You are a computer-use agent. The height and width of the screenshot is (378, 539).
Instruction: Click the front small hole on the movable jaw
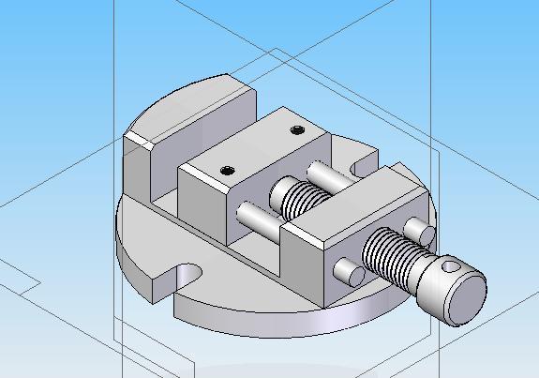(x=228, y=170)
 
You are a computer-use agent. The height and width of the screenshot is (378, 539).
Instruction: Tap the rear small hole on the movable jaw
(x=298, y=129)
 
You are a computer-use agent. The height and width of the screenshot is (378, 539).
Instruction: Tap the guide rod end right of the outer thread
(x=419, y=229)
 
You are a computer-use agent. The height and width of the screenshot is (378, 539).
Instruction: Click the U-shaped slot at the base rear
(x=359, y=165)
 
